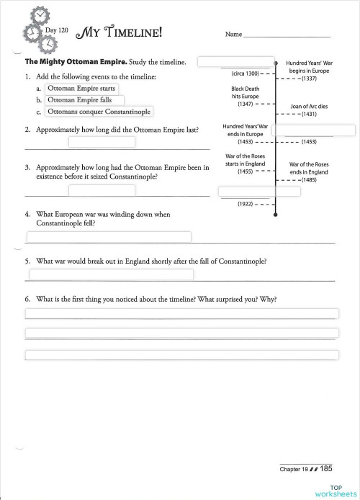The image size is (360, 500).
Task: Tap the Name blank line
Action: pyautogui.click(x=287, y=35)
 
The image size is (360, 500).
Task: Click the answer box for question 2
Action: pyautogui.click(x=102, y=142)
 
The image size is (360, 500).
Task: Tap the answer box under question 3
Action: pyautogui.click(x=102, y=190)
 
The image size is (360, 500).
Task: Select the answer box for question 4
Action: pyautogui.click(x=109, y=237)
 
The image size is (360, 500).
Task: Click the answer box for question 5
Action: pyautogui.click(x=110, y=274)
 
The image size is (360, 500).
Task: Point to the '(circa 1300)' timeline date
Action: pyautogui.click(x=246, y=73)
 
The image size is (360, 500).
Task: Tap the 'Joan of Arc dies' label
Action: pyautogui.click(x=308, y=106)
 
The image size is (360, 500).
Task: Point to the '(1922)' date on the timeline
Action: pyautogui.click(x=246, y=204)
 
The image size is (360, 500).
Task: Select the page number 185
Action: pyautogui.click(x=326, y=468)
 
